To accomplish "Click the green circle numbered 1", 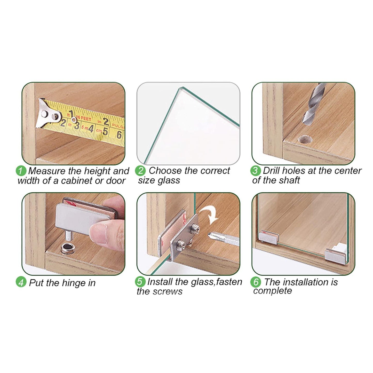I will [x=21, y=171].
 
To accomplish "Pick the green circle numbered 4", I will [x=21, y=283].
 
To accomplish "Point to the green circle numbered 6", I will [x=256, y=282].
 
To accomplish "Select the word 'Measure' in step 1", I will [x=47, y=171].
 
